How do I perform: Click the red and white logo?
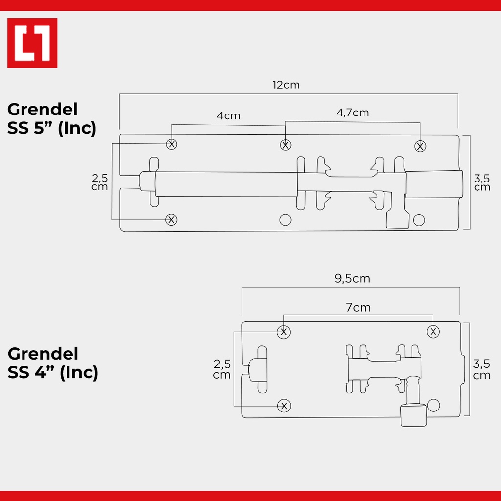click(x=32, y=43)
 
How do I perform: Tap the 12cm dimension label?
click(x=286, y=85)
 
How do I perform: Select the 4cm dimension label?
click(x=228, y=115)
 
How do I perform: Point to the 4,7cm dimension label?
click(x=352, y=113)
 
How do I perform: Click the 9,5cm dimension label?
click(x=352, y=278)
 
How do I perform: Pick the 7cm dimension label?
click(x=358, y=307)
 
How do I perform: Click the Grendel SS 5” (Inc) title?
click(x=52, y=119)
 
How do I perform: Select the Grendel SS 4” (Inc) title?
click(x=53, y=364)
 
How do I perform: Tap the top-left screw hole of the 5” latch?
click(x=172, y=144)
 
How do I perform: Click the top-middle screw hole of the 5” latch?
click(x=285, y=145)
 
